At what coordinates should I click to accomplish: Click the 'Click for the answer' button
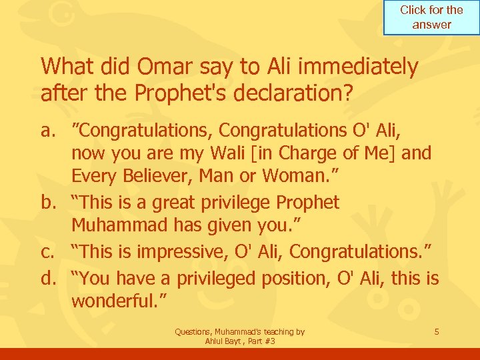pos(431,17)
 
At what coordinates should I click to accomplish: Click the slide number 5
pos(436,331)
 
